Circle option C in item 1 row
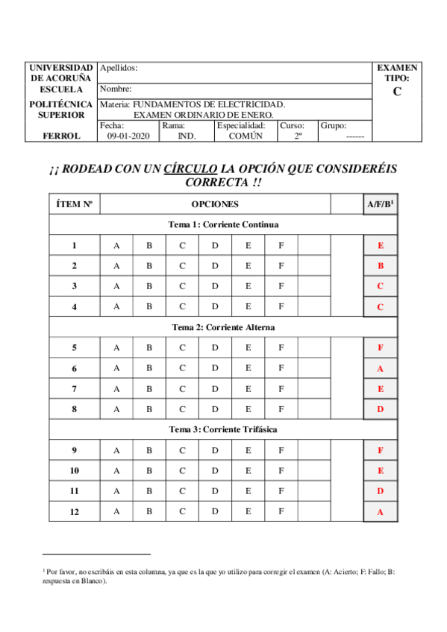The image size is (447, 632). pyautogui.click(x=182, y=245)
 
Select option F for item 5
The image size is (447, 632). pyautogui.click(x=281, y=347)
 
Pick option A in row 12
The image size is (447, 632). pyautogui.click(x=116, y=511)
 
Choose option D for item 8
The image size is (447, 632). pyautogui.click(x=215, y=409)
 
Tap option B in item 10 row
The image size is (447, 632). pyautogui.click(x=149, y=470)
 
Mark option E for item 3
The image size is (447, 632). pyautogui.click(x=248, y=286)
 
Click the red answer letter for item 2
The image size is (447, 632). pyautogui.click(x=381, y=266)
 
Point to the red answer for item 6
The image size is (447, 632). pyautogui.click(x=381, y=368)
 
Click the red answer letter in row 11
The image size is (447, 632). pyautogui.click(x=381, y=491)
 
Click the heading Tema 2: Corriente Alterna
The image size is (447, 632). pyautogui.click(x=223, y=327)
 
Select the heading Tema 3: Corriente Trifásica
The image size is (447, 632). pyautogui.click(x=223, y=430)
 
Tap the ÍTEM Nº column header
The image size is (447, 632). pyautogui.click(x=75, y=203)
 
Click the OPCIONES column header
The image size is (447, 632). pyautogui.click(x=215, y=203)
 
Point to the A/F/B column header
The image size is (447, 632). pyautogui.click(x=381, y=203)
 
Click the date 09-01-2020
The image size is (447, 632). pyautogui.click(x=128, y=136)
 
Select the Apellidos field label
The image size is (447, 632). pyautogui.click(x=119, y=68)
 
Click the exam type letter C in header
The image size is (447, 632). pyautogui.click(x=397, y=92)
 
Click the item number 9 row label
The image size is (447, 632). pyautogui.click(x=75, y=450)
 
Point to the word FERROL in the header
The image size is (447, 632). pyautogui.click(x=61, y=136)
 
